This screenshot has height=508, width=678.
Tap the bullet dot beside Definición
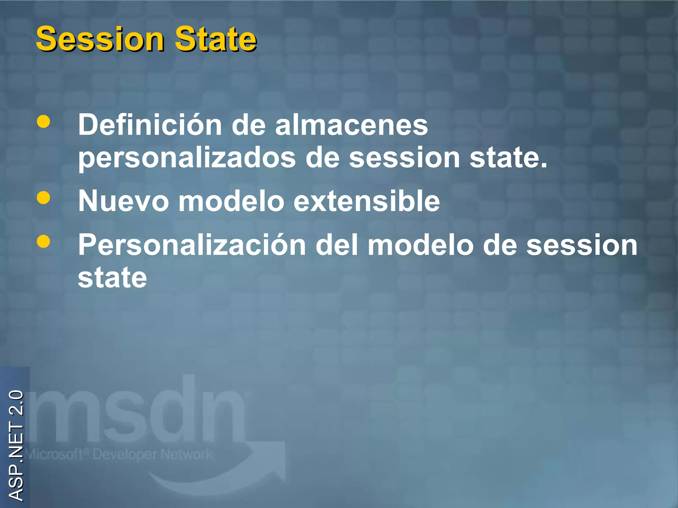[43, 121]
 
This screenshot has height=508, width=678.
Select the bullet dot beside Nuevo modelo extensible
[43, 198]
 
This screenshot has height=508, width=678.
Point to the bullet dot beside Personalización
[43, 241]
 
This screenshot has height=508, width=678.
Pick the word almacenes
[352, 125]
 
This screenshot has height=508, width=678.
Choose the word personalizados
[187, 158]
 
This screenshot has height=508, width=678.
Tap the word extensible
[367, 201]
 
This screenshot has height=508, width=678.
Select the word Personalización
[192, 245]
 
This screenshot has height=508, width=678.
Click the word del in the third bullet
[337, 245]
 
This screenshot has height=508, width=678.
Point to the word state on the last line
[112, 278]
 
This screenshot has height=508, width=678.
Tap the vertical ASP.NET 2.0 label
[16, 445]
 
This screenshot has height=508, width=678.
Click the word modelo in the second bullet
[231, 201]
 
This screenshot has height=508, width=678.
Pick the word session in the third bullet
[582, 245]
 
